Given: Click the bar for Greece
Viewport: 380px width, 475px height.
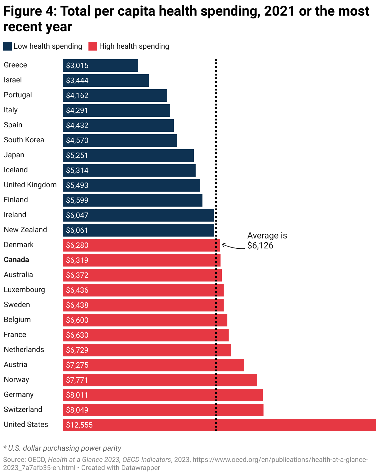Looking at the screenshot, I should pos(100,66).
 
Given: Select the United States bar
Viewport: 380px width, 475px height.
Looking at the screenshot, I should pos(219,425).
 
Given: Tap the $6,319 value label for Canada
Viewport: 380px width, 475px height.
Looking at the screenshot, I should pos(77,260).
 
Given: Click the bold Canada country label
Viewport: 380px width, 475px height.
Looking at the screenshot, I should pos(16,260).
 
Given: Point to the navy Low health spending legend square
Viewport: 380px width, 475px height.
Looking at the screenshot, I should pos(7,46).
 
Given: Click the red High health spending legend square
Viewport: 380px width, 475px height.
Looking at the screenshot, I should pos(93,46).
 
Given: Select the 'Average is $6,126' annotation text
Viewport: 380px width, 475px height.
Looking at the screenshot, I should pos(267,240).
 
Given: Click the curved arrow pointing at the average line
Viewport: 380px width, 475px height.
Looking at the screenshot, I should pos(233,247).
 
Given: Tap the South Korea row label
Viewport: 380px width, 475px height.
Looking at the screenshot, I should pos(24,140).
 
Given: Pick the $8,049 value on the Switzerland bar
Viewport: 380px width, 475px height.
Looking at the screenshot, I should pos(77,410).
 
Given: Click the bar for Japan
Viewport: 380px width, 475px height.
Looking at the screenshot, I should pos(128,155).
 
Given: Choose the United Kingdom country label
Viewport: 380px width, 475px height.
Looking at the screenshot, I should pos(30,185).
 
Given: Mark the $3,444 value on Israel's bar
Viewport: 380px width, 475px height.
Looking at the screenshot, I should pos(77,81).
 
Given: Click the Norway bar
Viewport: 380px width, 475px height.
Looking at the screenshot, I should pos(159,380).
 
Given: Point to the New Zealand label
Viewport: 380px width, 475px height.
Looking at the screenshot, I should pos(25,230).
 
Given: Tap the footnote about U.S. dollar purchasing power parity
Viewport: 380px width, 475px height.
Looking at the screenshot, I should pos(62,448).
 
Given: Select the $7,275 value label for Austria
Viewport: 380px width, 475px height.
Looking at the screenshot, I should pos(77,365).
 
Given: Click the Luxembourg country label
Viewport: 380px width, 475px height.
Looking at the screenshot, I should pos(24,290).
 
